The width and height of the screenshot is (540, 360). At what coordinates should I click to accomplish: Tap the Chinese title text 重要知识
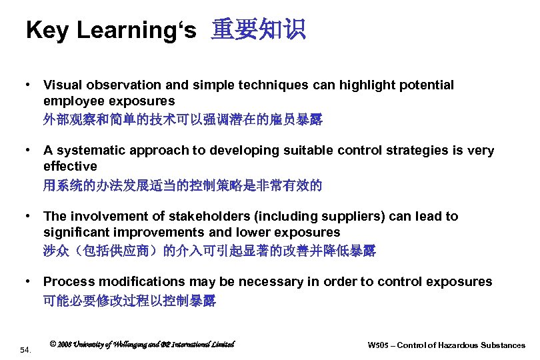(x=258, y=30)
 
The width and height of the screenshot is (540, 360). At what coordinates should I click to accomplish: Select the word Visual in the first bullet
(x=62, y=85)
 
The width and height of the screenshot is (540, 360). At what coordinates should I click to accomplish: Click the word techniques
(x=273, y=85)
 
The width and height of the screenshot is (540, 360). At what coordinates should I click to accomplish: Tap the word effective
(x=70, y=166)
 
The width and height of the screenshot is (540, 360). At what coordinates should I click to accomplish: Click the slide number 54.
(x=26, y=349)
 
